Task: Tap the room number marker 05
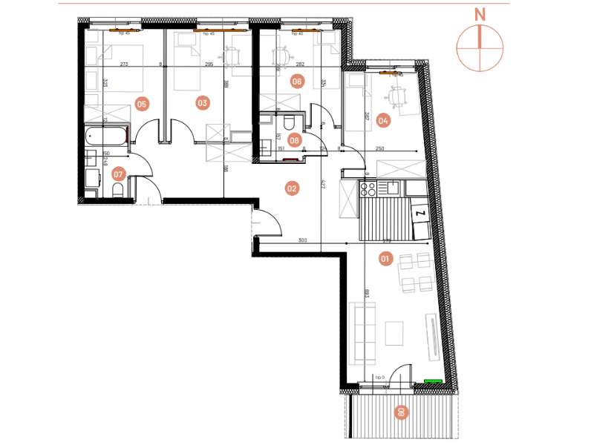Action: point(142,104)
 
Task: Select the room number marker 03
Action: point(202,103)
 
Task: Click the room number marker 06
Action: point(297,82)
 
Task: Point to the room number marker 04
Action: point(384,119)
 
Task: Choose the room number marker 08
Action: point(295,139)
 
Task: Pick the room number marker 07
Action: point(117,174)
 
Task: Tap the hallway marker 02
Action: point(292,188)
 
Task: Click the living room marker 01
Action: point(385,259)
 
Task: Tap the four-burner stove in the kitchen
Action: point(368,188)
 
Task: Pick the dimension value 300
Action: point(302,240)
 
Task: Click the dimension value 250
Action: point(381,148)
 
